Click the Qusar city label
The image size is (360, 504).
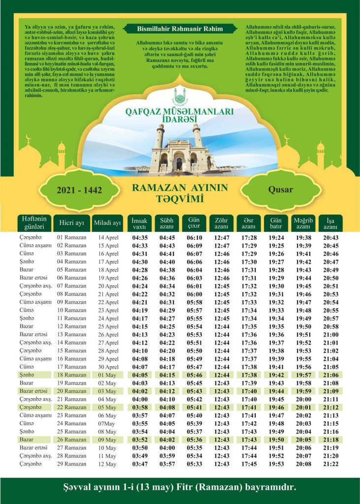pos(280,189)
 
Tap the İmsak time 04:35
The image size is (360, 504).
pos(140,238)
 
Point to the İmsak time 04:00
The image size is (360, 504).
pos(140,399)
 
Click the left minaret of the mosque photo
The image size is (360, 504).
pos(160,138)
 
